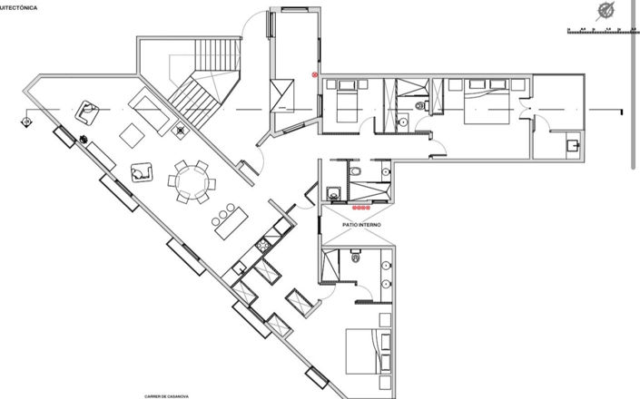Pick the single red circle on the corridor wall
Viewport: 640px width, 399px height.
click(315, 74)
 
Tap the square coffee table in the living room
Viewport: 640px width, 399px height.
click(133, 135)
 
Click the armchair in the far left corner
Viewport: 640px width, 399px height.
click(88, 111)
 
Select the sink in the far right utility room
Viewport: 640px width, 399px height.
click(572, 145)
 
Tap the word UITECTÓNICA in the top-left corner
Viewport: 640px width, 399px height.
click(19, 6)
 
